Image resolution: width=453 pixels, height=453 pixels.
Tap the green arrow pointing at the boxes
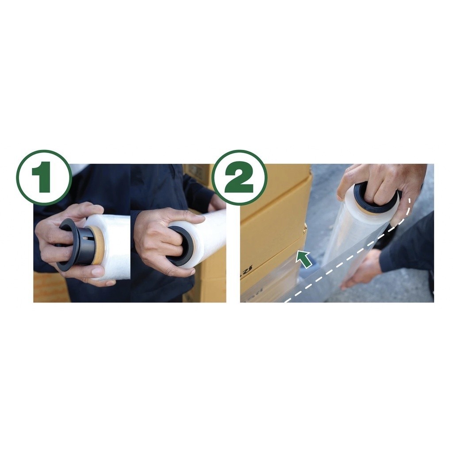[304, 258]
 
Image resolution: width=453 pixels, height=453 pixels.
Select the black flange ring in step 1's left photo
[67, 244]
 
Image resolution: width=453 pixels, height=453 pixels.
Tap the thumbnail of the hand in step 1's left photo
[97, 271]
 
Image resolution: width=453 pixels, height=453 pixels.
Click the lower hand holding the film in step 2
[361, 270]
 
